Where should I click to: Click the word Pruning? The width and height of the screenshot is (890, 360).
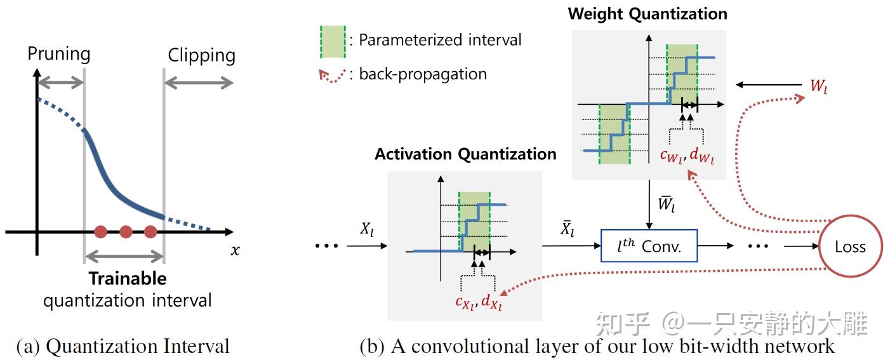[59, 54]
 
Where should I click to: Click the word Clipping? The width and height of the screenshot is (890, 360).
[201, 56]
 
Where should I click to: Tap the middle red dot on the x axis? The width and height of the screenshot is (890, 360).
[126, 232]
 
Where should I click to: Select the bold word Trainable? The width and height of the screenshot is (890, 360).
[128, 278]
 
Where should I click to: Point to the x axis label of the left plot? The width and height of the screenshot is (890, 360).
[236, 250]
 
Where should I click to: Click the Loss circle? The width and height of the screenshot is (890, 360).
[851, 246]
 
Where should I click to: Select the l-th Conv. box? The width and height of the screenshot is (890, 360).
[649, 246]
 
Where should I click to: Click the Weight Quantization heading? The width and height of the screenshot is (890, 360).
[648, 14]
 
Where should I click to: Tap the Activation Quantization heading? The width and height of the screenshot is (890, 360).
[465, 154]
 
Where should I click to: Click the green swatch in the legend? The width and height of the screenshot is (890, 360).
[333, 42]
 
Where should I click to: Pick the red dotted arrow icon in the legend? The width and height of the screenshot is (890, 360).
[333, 75]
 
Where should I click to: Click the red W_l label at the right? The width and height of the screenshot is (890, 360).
[819, 86]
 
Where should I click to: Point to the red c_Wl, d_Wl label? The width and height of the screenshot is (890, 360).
[687, 156]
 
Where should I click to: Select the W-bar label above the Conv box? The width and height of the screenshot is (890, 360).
[667, 204]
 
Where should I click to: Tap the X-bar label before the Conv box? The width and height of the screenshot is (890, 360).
[568, 229]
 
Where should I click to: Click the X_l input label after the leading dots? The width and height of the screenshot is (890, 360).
[367, 229]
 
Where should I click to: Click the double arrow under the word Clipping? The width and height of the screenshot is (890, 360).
[199, 83]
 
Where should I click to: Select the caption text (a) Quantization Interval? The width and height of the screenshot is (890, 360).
[123, 346]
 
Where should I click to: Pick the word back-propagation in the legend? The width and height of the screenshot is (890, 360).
[423, 74]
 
